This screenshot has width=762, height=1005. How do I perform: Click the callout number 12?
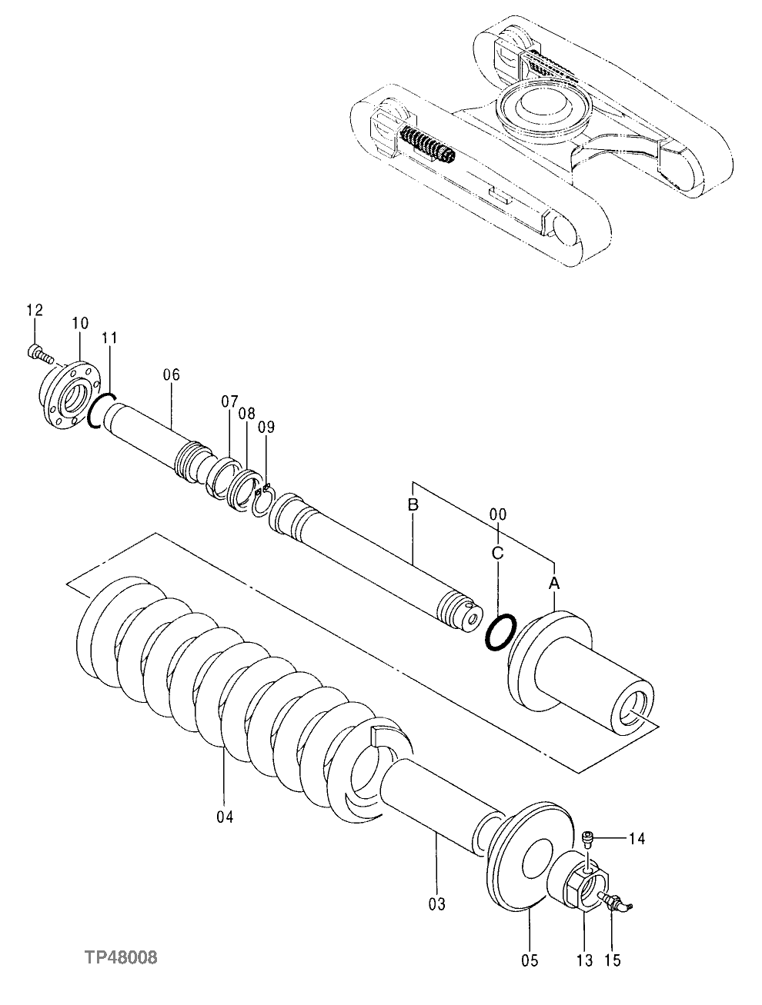click(35, 310)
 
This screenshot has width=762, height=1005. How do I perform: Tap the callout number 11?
click(109, 338)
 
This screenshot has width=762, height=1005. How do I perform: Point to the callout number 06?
click(171, 374)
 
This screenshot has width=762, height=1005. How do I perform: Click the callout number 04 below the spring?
click(224, 816)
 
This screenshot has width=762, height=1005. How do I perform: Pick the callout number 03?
click(436, 904)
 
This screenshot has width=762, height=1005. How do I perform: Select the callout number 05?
click(530, 960)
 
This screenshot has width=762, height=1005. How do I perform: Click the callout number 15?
click(613, 960)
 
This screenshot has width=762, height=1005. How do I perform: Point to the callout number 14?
click(638, 838)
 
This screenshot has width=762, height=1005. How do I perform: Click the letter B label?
click(413, 505)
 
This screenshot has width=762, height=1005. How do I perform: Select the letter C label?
click(497, 553)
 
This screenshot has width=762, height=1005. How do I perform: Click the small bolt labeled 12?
click(38, 354)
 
